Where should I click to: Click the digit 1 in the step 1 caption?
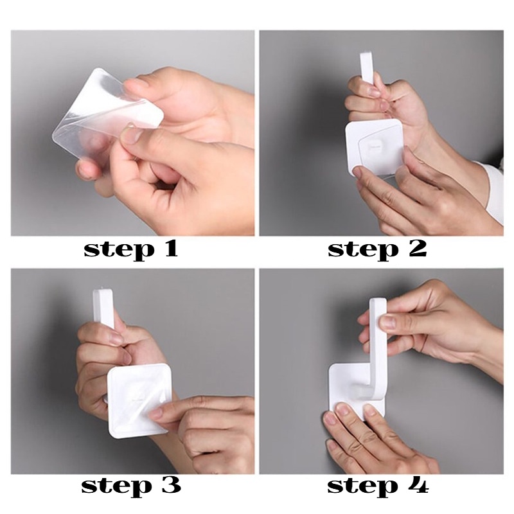coord(170,249)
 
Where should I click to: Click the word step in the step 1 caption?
coord(119,250)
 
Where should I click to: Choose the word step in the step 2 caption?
coord(363,250)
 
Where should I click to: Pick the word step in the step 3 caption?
coord(117,488)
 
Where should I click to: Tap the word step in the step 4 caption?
coord(362,488)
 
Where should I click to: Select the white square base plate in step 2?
coord(375,148)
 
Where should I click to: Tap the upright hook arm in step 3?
coord(104,309)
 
